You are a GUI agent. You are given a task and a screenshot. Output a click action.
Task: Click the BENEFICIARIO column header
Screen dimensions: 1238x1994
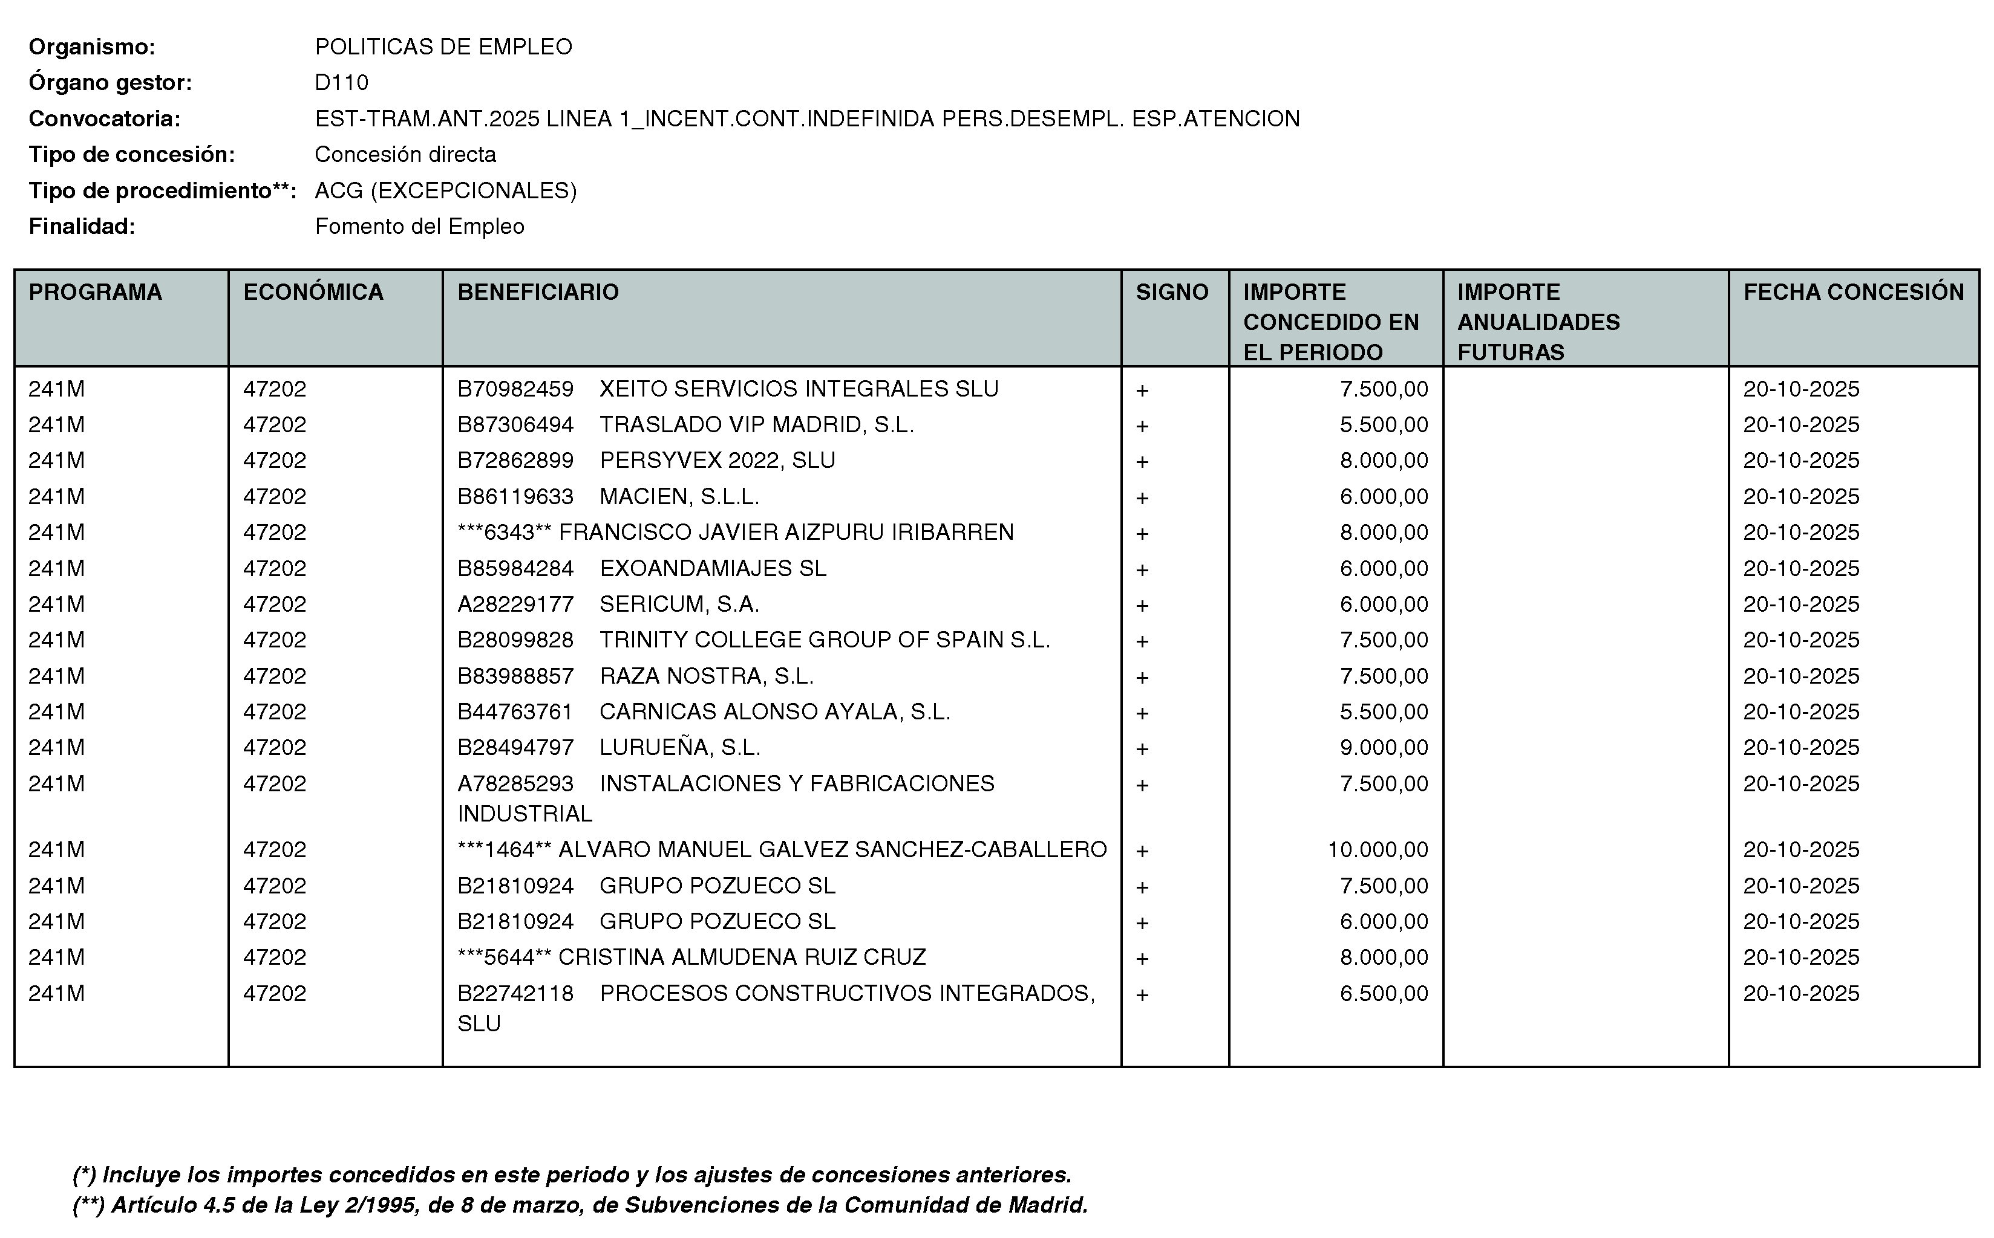tap(537, 293)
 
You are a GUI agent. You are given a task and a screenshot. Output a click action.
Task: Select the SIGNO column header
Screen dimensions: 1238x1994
tap(1171, 293)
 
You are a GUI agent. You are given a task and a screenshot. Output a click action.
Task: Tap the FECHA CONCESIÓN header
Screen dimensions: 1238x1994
tap(1853, 293)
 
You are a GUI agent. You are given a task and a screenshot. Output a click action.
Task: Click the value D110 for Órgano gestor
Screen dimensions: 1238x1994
tap(342, 83)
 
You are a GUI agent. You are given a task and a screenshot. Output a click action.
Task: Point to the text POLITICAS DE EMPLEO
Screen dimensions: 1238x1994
tap(443, 47)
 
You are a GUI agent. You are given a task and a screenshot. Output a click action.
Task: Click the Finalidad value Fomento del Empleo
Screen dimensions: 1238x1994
tap(419, 226)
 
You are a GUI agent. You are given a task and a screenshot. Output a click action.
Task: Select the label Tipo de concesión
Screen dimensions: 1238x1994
tap(132, 155)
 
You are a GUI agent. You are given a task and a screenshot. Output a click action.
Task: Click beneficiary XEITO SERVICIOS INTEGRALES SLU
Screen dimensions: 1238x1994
tap(799, 389)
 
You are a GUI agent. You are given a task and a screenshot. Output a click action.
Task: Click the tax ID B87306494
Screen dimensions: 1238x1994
tap(515, 425)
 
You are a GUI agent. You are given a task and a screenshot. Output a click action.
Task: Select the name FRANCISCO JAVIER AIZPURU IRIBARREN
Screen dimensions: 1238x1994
tap(786, 532)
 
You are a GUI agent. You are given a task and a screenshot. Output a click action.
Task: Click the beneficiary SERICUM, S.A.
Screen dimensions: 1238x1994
tap(679, 604)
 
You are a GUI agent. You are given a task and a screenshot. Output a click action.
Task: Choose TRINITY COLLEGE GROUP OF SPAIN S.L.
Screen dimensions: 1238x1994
tap(824, 640)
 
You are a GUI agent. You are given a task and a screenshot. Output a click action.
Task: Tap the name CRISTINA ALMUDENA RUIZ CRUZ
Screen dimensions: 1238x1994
tap(742, 957)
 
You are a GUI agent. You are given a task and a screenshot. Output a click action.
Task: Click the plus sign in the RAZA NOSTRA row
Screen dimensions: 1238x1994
tap(1142, 677)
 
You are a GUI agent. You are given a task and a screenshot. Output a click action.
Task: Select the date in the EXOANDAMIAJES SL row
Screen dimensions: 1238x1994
tap(1800, 568)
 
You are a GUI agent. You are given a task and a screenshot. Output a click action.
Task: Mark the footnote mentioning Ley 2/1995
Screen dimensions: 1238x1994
tap(580, 1205)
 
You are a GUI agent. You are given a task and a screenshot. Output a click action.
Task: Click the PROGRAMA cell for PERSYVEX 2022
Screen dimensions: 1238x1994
tap(56, 460)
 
